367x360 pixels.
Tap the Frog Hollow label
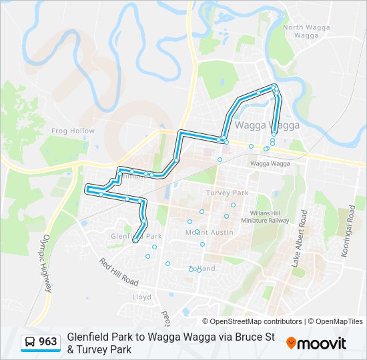[73, 131]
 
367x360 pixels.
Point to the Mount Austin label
[209, 232]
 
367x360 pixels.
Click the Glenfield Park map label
[136, 236]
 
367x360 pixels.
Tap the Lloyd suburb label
[141, 297]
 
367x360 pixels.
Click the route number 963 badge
[47, 342]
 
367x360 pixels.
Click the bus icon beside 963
[30, 342]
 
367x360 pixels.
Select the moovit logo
[316, 343]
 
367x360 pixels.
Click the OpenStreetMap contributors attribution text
[252, 321]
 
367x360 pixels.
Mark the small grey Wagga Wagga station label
[270, 163]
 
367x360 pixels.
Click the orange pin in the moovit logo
[291, 343]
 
